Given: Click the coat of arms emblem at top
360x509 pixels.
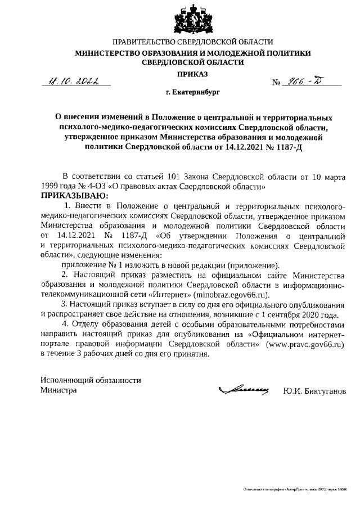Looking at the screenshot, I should pyautogui.click(x=193, y=20).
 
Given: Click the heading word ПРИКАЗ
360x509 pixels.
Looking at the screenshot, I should pyautogui.click(x=193, y=74).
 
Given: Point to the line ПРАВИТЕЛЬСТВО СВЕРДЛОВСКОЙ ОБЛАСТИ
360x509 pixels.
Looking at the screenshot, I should pyautogui.click(x=193, y=42).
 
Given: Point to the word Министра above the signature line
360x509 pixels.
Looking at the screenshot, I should pyautogui.click(x=58, y=390).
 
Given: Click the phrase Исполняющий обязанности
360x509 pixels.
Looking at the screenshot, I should pyautogui.click(x=91, y=380).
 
